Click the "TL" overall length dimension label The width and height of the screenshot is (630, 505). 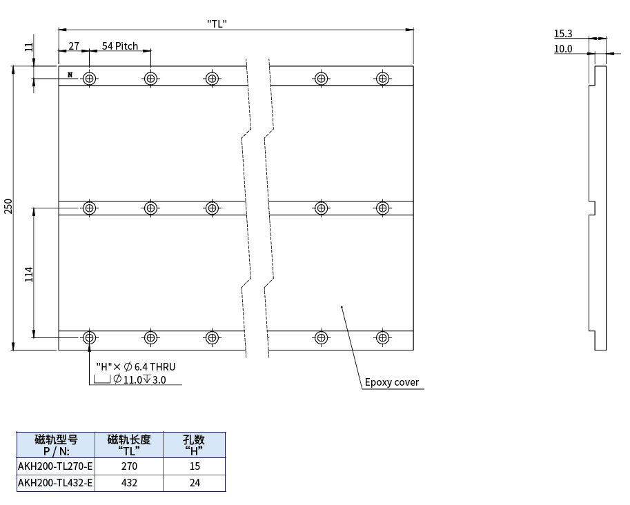point(217,23)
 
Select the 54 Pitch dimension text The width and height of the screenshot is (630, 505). point(120,46)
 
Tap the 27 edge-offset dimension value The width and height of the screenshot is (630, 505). point(74,46)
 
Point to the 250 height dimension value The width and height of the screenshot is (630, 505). point(8,206)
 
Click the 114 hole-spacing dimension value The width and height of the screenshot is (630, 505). point(29,275)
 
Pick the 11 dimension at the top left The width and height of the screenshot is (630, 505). point(28,47)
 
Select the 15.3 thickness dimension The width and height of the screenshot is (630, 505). point(563,34)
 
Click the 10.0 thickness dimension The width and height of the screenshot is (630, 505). point(563,49)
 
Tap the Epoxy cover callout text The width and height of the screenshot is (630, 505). point(392,382)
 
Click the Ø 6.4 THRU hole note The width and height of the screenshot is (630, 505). point(136,367)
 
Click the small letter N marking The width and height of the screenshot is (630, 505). point(70,75)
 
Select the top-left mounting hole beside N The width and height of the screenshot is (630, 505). point(90,79)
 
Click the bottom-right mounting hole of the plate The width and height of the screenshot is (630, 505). point(382,337)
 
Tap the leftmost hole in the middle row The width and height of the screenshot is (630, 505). point(90,208)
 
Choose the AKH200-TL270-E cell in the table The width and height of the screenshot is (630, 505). point(55,466)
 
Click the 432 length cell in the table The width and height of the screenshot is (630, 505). point(129,483)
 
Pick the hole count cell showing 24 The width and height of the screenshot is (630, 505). point(195,483)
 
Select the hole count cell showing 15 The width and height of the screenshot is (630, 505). point(195,466)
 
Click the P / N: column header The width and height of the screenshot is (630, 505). point(57,451)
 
